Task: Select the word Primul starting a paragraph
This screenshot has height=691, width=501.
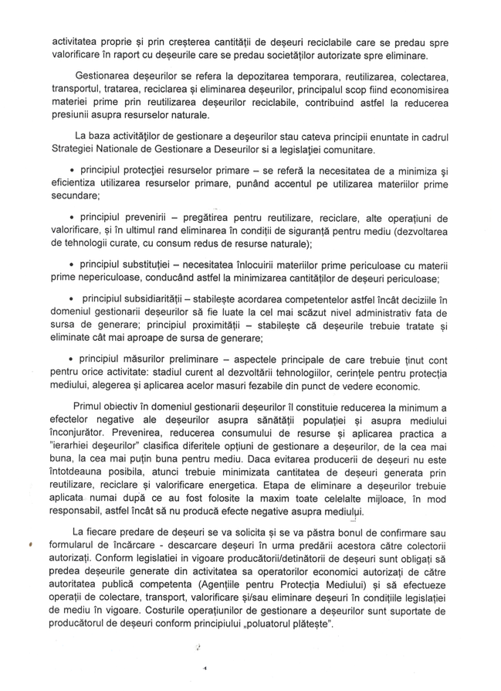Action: click(x=90, y=407)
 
